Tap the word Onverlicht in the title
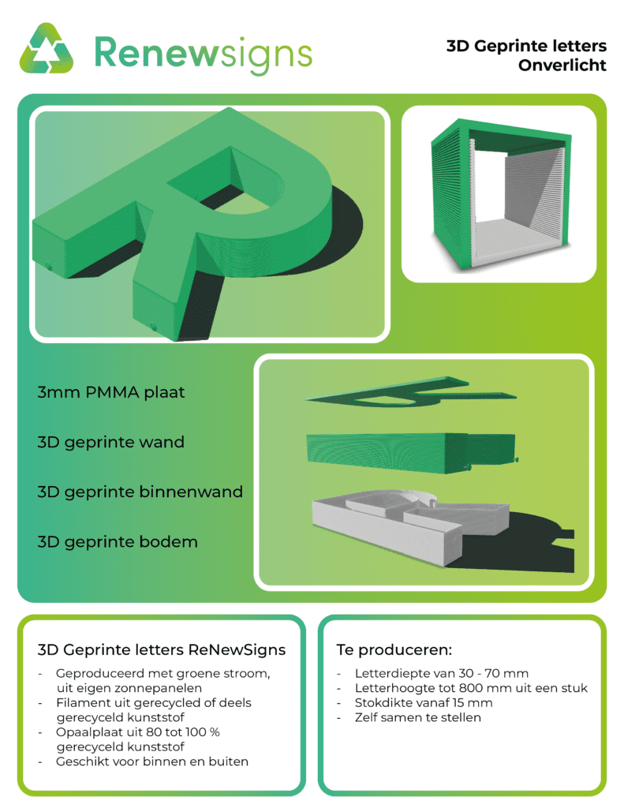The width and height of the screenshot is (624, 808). [562, 65]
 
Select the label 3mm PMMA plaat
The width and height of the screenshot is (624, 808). [110, 392]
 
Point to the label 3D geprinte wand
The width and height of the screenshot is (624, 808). [110, 442]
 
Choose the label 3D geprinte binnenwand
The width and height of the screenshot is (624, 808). [140, 492]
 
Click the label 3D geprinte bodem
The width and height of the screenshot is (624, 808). [118, 542]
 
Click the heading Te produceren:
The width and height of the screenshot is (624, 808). [394, 650]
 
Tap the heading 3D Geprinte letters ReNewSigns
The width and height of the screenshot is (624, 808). [161, 650]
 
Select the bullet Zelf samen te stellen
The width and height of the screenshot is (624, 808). [418, 717]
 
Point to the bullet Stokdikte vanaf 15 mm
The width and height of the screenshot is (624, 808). [424, 703]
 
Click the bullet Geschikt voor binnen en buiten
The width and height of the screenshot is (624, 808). [152, 761]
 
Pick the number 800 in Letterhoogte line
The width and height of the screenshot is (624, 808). [470, 688]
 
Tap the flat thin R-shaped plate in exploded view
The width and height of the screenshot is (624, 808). [411, 393]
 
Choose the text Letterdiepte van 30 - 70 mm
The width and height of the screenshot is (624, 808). [442, 674]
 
